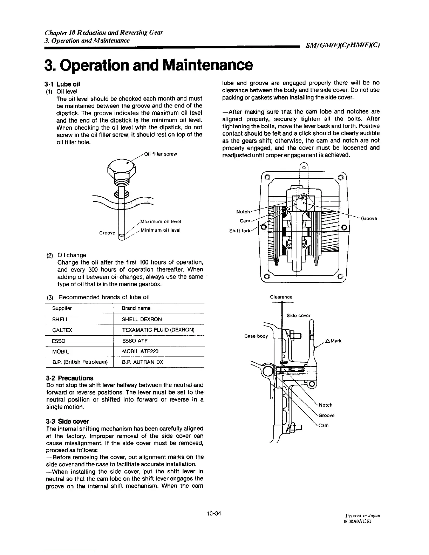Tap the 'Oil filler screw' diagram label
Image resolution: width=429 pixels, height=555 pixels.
161,154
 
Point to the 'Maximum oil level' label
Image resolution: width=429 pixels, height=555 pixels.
160,221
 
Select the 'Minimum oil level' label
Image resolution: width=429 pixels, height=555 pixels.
160,230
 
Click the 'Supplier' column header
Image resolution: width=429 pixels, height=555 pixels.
62,308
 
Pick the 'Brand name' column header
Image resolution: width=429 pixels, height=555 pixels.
136,308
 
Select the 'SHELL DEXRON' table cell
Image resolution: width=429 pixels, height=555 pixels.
142,320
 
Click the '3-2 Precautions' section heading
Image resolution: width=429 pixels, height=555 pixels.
70,378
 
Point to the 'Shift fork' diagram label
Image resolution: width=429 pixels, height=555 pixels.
240,231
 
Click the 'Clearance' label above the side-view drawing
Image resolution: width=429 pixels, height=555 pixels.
281,297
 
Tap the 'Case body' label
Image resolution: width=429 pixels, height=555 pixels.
256,336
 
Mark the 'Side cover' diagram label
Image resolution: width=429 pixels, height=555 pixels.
299,315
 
